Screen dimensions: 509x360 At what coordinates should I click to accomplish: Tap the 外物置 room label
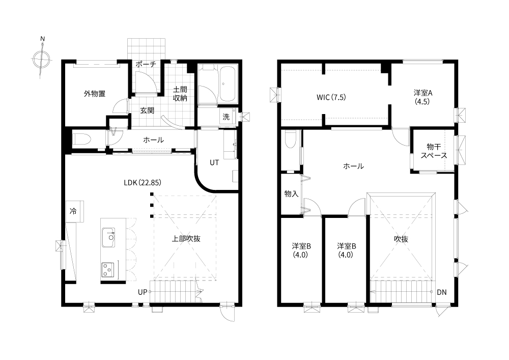[x=95, y=94]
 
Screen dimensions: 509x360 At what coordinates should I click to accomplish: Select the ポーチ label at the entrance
[x=146, y=64]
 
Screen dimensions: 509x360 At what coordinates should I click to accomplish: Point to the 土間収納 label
[x=180, y=94]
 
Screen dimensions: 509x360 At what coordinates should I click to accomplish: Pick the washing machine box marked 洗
[x=227, y=117]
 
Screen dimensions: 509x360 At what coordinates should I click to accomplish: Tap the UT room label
[x=214, y=162]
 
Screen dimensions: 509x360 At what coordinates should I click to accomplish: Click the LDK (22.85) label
[x=143, y=182]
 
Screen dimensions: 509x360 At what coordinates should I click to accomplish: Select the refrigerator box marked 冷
[x=75, y=211]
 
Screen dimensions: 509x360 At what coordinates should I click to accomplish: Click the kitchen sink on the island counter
[x=108, y=238]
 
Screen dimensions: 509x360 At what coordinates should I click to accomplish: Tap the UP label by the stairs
[x=143, y=292]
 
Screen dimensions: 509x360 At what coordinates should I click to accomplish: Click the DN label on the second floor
[x=441, y=292]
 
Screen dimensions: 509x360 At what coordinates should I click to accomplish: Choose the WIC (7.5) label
[x=331, y=97]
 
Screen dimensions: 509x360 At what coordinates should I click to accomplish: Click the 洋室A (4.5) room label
[x=422, y=97]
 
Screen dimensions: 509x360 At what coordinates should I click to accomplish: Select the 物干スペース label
[x=434, y=151]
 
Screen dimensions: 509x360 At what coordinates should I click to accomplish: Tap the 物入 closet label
[x=291, y=194]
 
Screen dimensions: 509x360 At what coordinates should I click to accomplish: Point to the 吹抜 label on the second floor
[x=401, y=239]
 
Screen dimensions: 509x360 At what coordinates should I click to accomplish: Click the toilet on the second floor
[x=290, y=139]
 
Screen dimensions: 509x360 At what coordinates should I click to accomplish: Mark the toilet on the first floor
[x=82, y=140]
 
